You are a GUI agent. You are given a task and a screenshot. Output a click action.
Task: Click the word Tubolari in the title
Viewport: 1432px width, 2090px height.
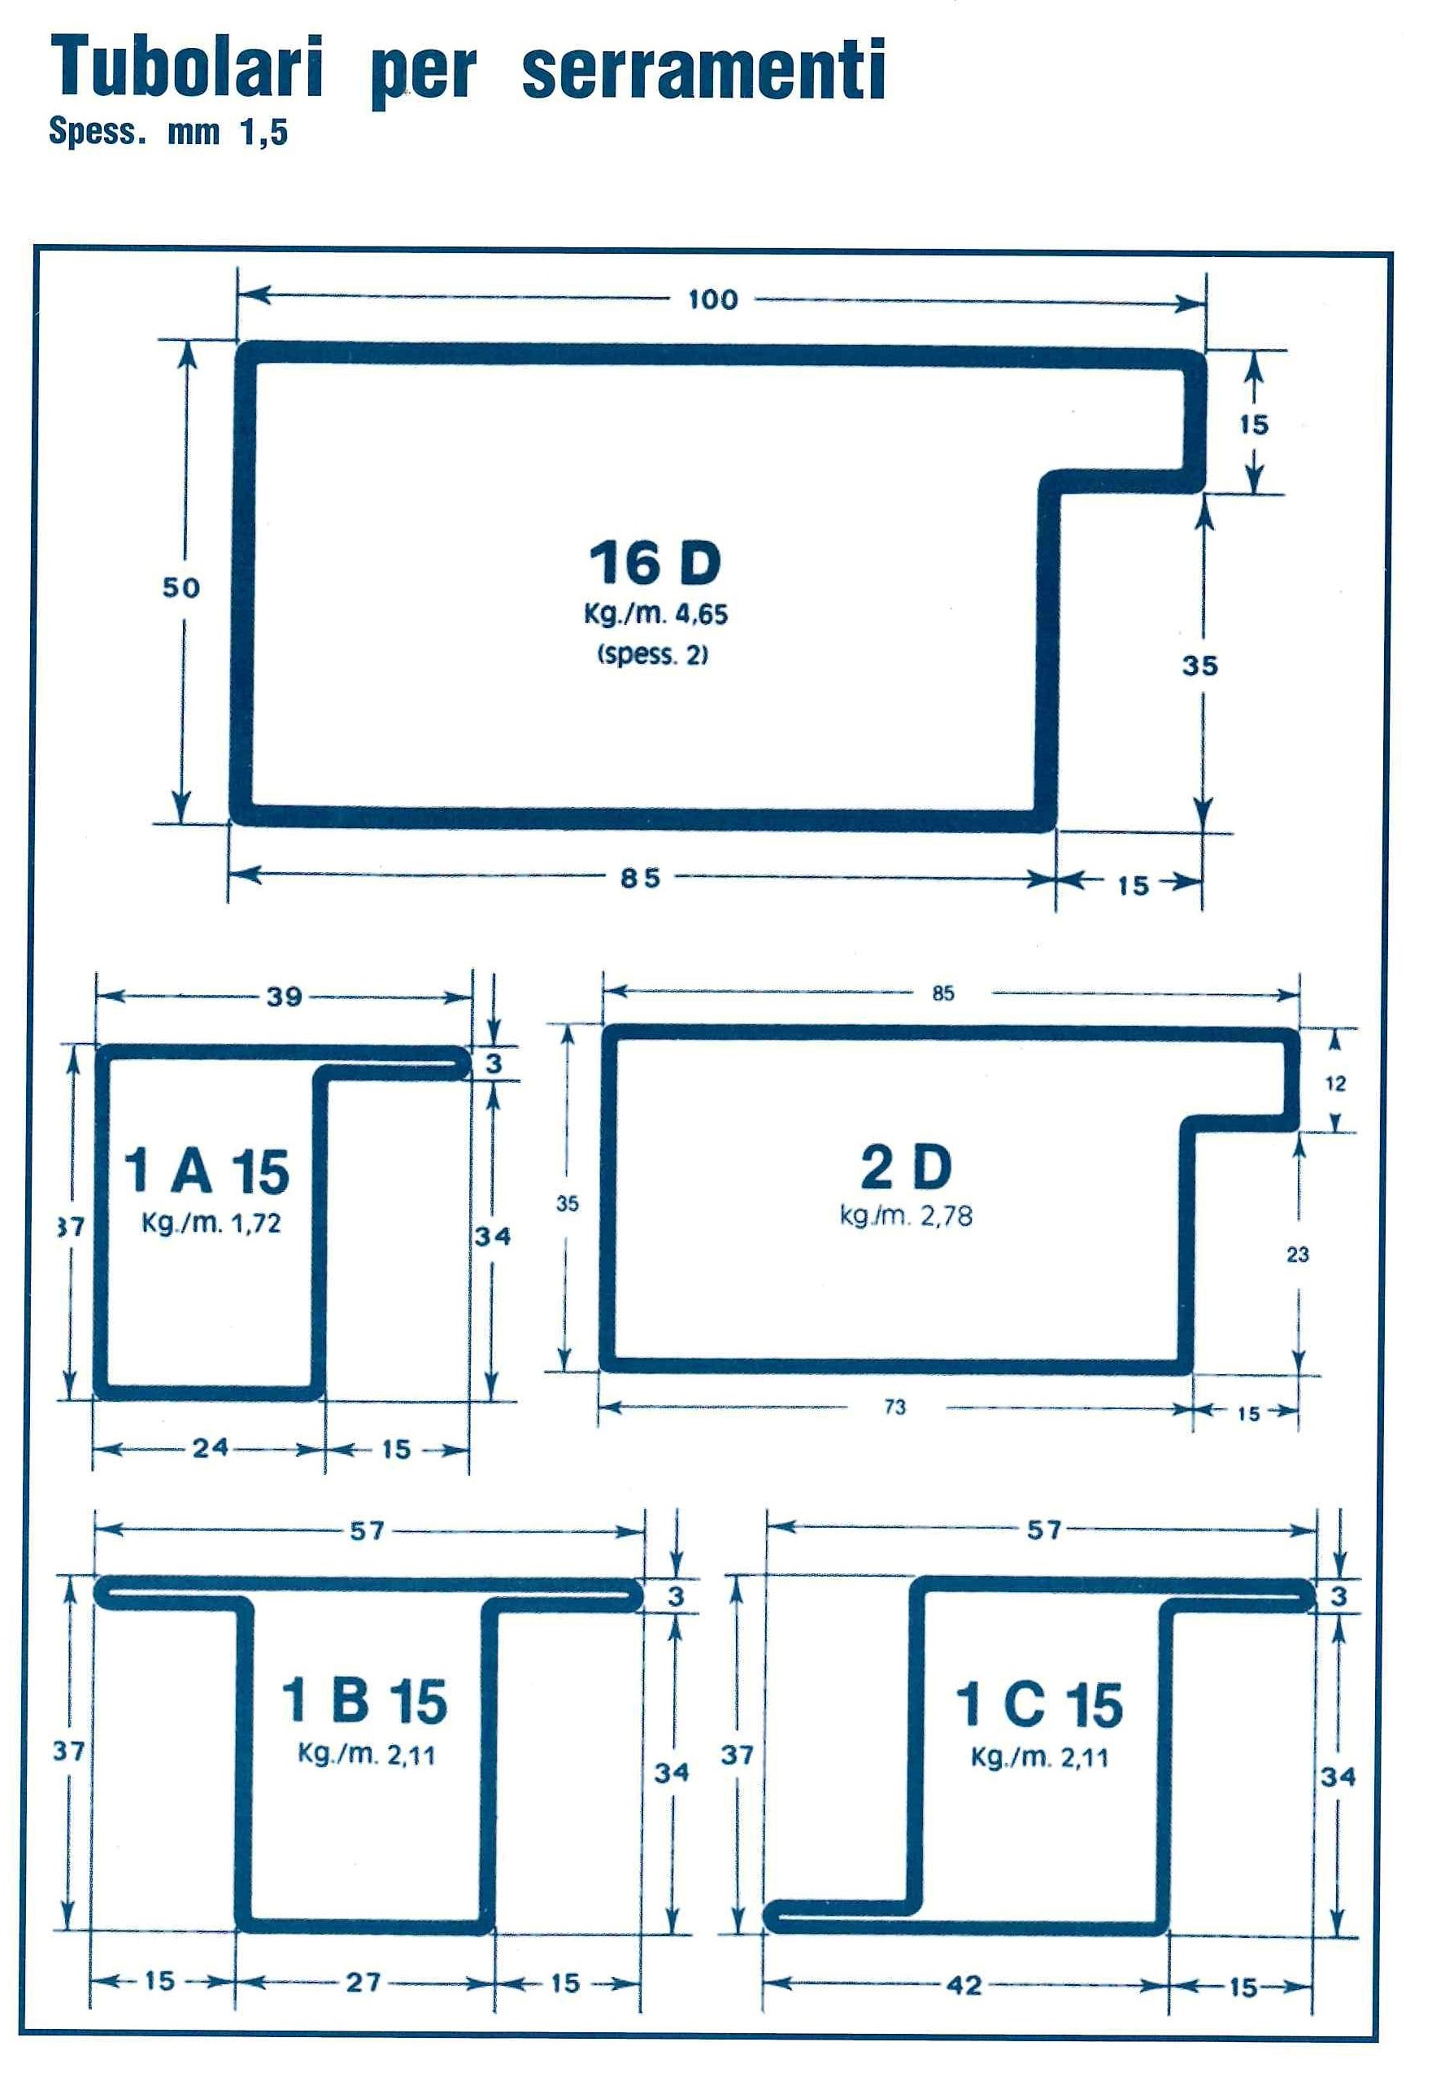coord(186,68)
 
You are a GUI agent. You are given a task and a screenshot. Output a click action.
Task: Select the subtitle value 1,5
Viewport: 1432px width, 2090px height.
coord(263,133)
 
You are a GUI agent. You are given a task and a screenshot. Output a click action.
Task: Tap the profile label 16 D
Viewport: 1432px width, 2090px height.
coord(655,564)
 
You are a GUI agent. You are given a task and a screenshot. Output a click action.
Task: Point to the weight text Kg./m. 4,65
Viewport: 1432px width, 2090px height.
coord(655,615)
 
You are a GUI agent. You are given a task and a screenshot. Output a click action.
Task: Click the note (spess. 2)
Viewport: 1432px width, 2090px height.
coord(653,655)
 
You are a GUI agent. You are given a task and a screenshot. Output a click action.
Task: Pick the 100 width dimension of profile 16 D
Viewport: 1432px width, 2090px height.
coord(713,299)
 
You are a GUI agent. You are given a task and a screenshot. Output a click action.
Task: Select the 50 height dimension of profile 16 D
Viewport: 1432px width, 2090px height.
coord(181,588)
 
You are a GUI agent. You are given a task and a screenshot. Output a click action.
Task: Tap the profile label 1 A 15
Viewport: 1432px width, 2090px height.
coord(207,1172)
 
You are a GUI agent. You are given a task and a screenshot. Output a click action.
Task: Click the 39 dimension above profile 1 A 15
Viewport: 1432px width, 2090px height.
coord(284,997)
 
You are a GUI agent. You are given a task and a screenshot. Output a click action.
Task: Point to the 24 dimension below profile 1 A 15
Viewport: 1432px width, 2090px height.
coord(211,1448)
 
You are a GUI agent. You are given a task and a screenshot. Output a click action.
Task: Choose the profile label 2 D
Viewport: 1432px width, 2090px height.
coord(906,1167)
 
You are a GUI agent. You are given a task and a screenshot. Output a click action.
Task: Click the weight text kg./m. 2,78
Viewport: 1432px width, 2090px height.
coord(906,1216)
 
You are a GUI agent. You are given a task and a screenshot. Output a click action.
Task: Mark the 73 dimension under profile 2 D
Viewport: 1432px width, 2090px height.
coord(895,1407)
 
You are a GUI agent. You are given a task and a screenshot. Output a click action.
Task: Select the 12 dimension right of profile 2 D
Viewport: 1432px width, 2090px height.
coord(1336,1084)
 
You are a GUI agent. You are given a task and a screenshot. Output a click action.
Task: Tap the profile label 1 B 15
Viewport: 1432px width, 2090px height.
coord(365,1701)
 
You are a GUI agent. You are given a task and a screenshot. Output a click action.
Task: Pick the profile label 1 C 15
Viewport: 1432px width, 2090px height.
coord(1039,1705)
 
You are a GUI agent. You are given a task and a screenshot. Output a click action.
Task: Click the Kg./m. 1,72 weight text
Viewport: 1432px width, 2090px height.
coord(211,1223)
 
